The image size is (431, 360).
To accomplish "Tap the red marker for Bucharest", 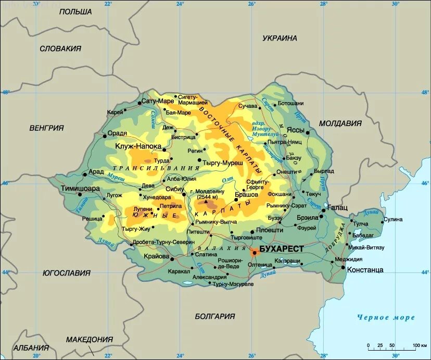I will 254,253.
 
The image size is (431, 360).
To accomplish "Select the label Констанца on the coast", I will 366,270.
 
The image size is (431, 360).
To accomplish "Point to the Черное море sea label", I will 386,317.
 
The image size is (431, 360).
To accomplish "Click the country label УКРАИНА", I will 280,38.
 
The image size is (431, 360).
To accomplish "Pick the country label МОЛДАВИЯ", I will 340,123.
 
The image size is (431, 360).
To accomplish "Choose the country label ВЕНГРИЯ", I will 46,128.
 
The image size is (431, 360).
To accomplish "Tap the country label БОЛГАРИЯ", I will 215,316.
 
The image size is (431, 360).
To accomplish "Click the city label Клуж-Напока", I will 138,146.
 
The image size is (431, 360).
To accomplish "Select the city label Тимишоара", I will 80,189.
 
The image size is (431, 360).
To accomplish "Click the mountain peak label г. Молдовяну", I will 207,192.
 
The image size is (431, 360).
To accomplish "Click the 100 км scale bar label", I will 420,345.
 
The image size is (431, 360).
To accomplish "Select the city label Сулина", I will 393,219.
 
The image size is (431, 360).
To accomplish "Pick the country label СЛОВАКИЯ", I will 60,48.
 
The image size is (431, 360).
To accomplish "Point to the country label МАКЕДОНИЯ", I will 89,339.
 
